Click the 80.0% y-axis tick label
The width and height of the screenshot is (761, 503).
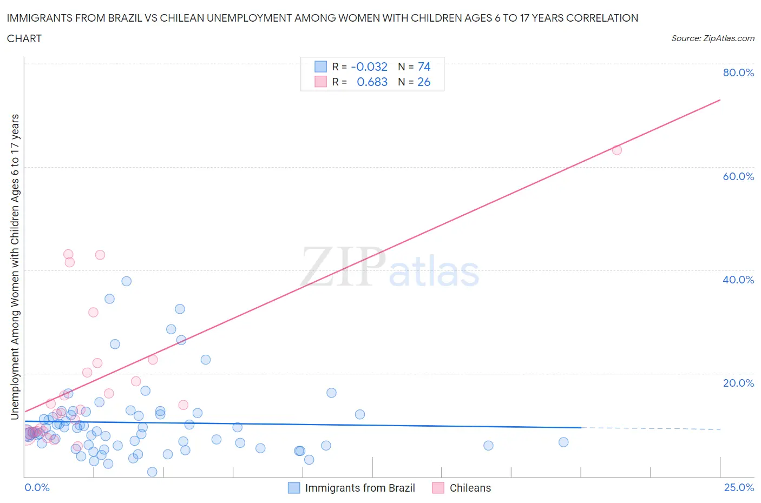[x=738, y=72]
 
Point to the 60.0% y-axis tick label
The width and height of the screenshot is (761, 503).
[x=738, y=176]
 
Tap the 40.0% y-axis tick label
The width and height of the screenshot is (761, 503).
[x=738, y=280]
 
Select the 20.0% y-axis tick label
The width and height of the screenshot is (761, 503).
[x=738, y=383]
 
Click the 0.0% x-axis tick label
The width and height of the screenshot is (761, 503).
[x=37, y=487]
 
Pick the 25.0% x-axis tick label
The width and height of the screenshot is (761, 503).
[x=739, y=487]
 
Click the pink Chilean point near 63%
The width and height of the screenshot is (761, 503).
[x=616, y=150]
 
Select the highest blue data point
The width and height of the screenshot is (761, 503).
[x=127, y=281]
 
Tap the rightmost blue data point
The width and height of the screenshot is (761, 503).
[x=563, y=442]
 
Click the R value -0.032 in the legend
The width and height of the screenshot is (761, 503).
[x=369, y=67]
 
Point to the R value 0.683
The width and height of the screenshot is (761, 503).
[x=372, y=82]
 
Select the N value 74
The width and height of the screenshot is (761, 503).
[x=424, y=67]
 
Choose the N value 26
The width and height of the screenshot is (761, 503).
[x=424, y=82]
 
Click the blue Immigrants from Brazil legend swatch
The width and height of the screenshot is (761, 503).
[x=294, y=488]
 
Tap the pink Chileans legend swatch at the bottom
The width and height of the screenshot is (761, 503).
[x=438, y=488]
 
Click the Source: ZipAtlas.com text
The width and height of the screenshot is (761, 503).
[x=712, y=38]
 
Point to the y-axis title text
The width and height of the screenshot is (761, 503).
[x=15, y=267]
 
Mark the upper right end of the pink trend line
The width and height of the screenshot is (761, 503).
[x=720, y=100]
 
